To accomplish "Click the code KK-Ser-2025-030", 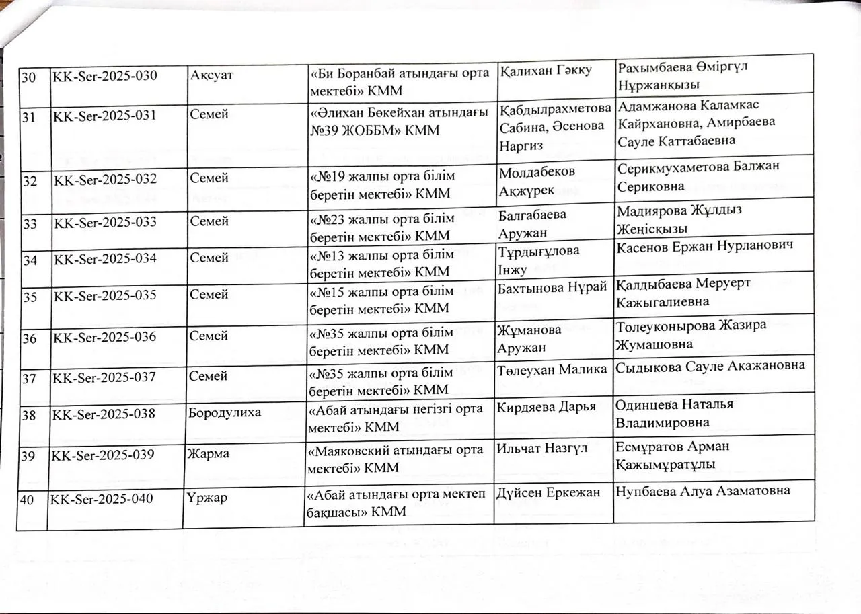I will point(105,75).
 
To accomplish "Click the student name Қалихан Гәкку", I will point(546,71).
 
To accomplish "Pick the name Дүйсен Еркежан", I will point(548,492).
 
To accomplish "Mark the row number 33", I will point(30,221).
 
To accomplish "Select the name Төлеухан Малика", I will point(552,369).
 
